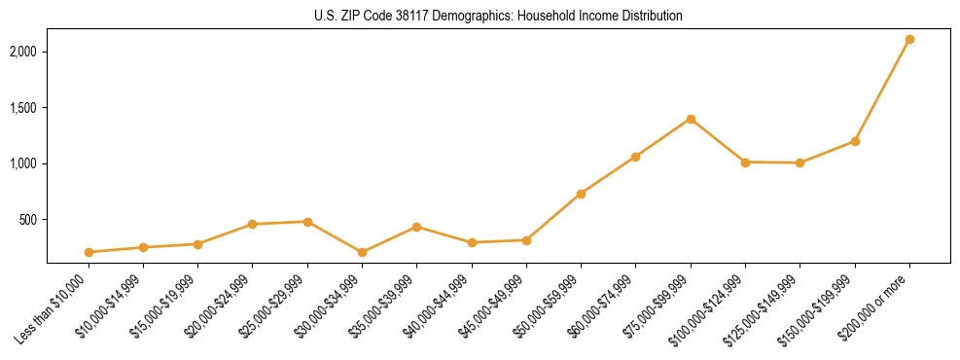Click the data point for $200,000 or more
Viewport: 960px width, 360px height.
click(x=909, y=40)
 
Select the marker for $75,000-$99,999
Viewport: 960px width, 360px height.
click(x=691, y=119)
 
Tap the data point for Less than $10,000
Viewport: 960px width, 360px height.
click(x=89, y=252)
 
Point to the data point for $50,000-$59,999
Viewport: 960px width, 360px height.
click(x=581, y=194)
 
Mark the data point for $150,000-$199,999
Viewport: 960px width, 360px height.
click(x=855, y=141)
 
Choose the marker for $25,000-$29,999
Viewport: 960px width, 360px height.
click(x=307, y=222)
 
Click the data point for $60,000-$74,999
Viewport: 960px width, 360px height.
click(x=635, y=157)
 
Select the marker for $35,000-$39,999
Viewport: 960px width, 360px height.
click(x=417, y=227)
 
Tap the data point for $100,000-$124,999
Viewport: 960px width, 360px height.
click(x=745, y=162)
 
